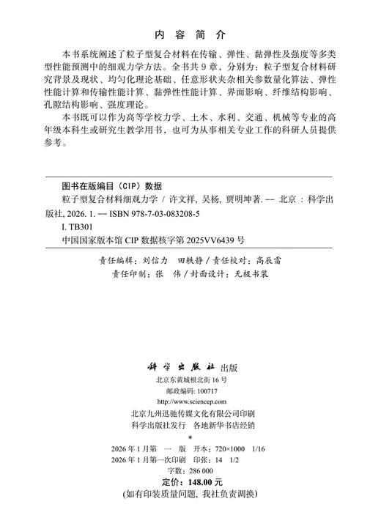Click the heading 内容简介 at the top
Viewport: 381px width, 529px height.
tap(190, 34)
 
